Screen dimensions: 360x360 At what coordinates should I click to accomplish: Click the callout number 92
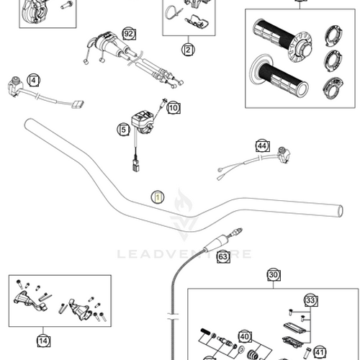[x=129, y=34]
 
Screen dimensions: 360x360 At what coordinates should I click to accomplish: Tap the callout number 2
[x=188, y=50]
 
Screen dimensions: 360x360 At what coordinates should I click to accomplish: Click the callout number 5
[x=123, y=130]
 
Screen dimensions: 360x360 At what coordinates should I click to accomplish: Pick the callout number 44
[x=262, y=147]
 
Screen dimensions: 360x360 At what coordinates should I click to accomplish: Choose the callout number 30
[x=273, y=274]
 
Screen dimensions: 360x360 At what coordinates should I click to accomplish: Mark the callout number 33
[x=310, y=300]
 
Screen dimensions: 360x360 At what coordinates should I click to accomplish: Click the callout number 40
[x=244, y=336]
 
